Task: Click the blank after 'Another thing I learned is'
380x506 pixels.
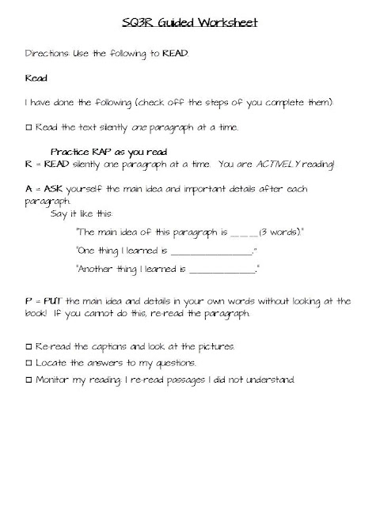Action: [x=223, y=270]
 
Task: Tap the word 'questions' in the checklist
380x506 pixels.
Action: [x=173, y=363]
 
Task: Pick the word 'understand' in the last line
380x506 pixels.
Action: [x=272, y=379]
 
